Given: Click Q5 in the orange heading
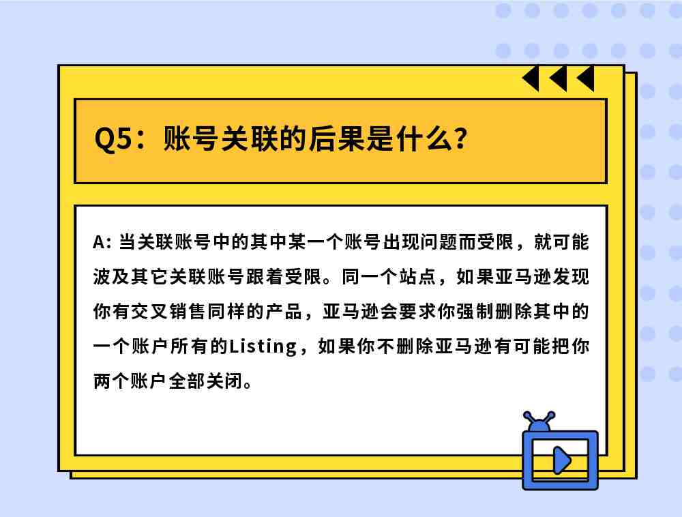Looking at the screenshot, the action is click(x=113, y=139).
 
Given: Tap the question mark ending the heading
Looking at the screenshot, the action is click(x=459, y=139).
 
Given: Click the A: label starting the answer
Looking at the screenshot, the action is click(x=102, y=242).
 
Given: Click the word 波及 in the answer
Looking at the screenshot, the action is click(x=112, y=277).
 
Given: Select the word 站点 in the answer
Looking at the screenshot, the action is click(x=417, y=277).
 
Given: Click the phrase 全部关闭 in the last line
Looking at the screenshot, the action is click(x=205, y=381).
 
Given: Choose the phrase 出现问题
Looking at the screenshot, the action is click(x=419, y=242).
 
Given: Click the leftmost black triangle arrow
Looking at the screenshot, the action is click(x=531, y=78).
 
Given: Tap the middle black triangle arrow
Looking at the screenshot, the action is click(x=559, y=78).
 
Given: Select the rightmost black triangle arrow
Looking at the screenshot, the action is click(x=586, y=78).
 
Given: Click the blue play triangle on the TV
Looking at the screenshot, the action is click(x=561, y=460).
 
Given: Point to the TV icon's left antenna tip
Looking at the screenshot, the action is click(x=527, y=415).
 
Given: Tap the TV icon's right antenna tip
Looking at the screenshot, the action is click(x=551, y=415).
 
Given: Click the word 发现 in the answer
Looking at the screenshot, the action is click(x=571, y=277).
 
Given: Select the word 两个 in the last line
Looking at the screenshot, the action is click(x=112, y=381).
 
